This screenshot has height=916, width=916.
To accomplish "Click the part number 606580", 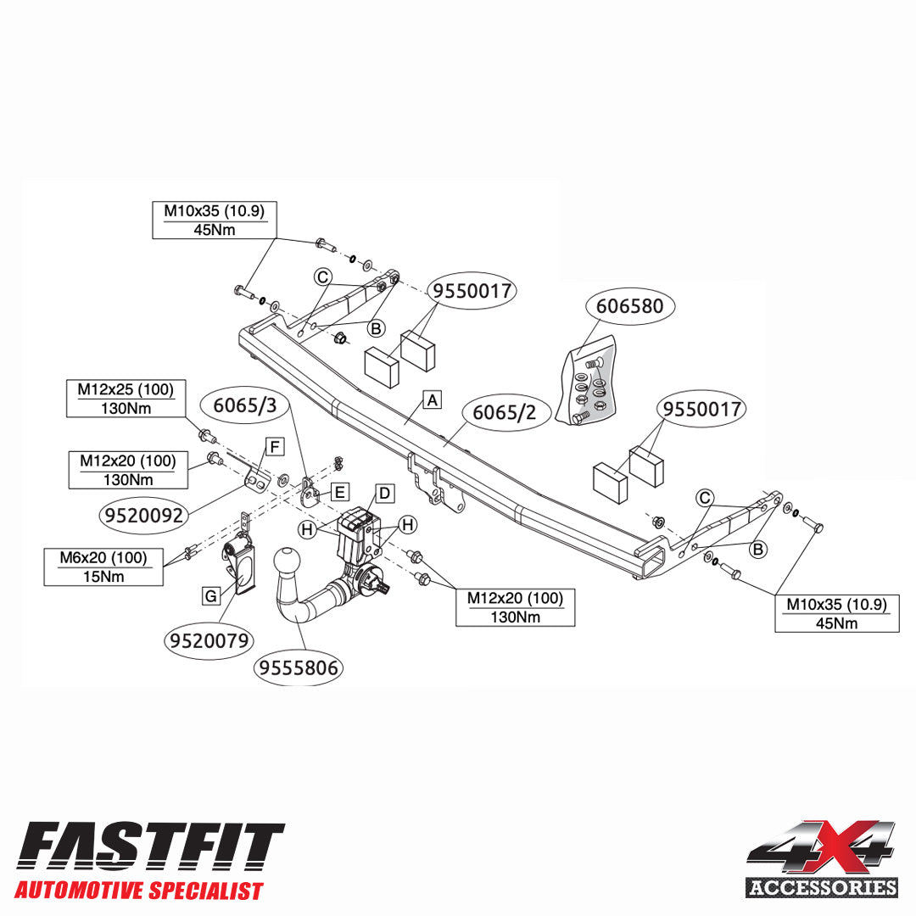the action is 629,306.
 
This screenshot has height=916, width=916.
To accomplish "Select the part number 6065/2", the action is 504,412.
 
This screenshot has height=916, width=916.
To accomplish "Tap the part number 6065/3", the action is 245,405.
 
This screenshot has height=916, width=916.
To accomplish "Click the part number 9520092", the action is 143,516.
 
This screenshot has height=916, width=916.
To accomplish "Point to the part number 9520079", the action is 209,641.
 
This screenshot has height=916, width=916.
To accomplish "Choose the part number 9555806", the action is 299,667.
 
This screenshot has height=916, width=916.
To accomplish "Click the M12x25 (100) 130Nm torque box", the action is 126,399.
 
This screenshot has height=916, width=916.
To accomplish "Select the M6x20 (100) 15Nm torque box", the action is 103,567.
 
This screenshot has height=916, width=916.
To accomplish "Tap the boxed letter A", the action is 433,400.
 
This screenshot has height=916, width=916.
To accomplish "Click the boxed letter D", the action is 384,494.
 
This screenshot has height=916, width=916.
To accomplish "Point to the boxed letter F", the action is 275,447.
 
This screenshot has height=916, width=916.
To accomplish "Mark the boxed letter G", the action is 211,596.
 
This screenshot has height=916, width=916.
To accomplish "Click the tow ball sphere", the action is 287,561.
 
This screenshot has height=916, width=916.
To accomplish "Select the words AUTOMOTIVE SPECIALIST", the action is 139,891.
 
